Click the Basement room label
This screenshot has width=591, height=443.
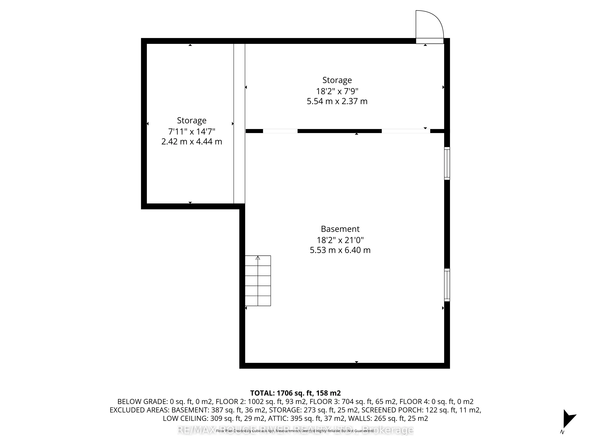pyautogui.click(x=340, y=229)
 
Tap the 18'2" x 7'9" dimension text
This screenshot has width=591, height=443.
pyautogui.click(x=337, y=91)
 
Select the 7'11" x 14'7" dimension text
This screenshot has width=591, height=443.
pyautogui.click(x=192, y=131)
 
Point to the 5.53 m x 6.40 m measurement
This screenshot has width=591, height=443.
pyautogui.click(x=340, y=250)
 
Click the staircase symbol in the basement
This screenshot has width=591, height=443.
pyautogui.click(x=258, y=281)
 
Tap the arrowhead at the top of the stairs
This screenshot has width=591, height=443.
pyautogui.click(x=258, y=258)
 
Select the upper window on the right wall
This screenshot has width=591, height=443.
pyautogui.click(x=447, y=163)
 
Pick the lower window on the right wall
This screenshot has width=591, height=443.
pyautogui.click(x=447, y=285)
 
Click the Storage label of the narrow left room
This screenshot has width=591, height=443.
pyautogui.click(x=192, y=120)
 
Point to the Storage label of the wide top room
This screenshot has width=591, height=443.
pyautogui.click(x=337, y=80)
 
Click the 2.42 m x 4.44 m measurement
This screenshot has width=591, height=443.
pyautogui.click(x=192, y=141)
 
